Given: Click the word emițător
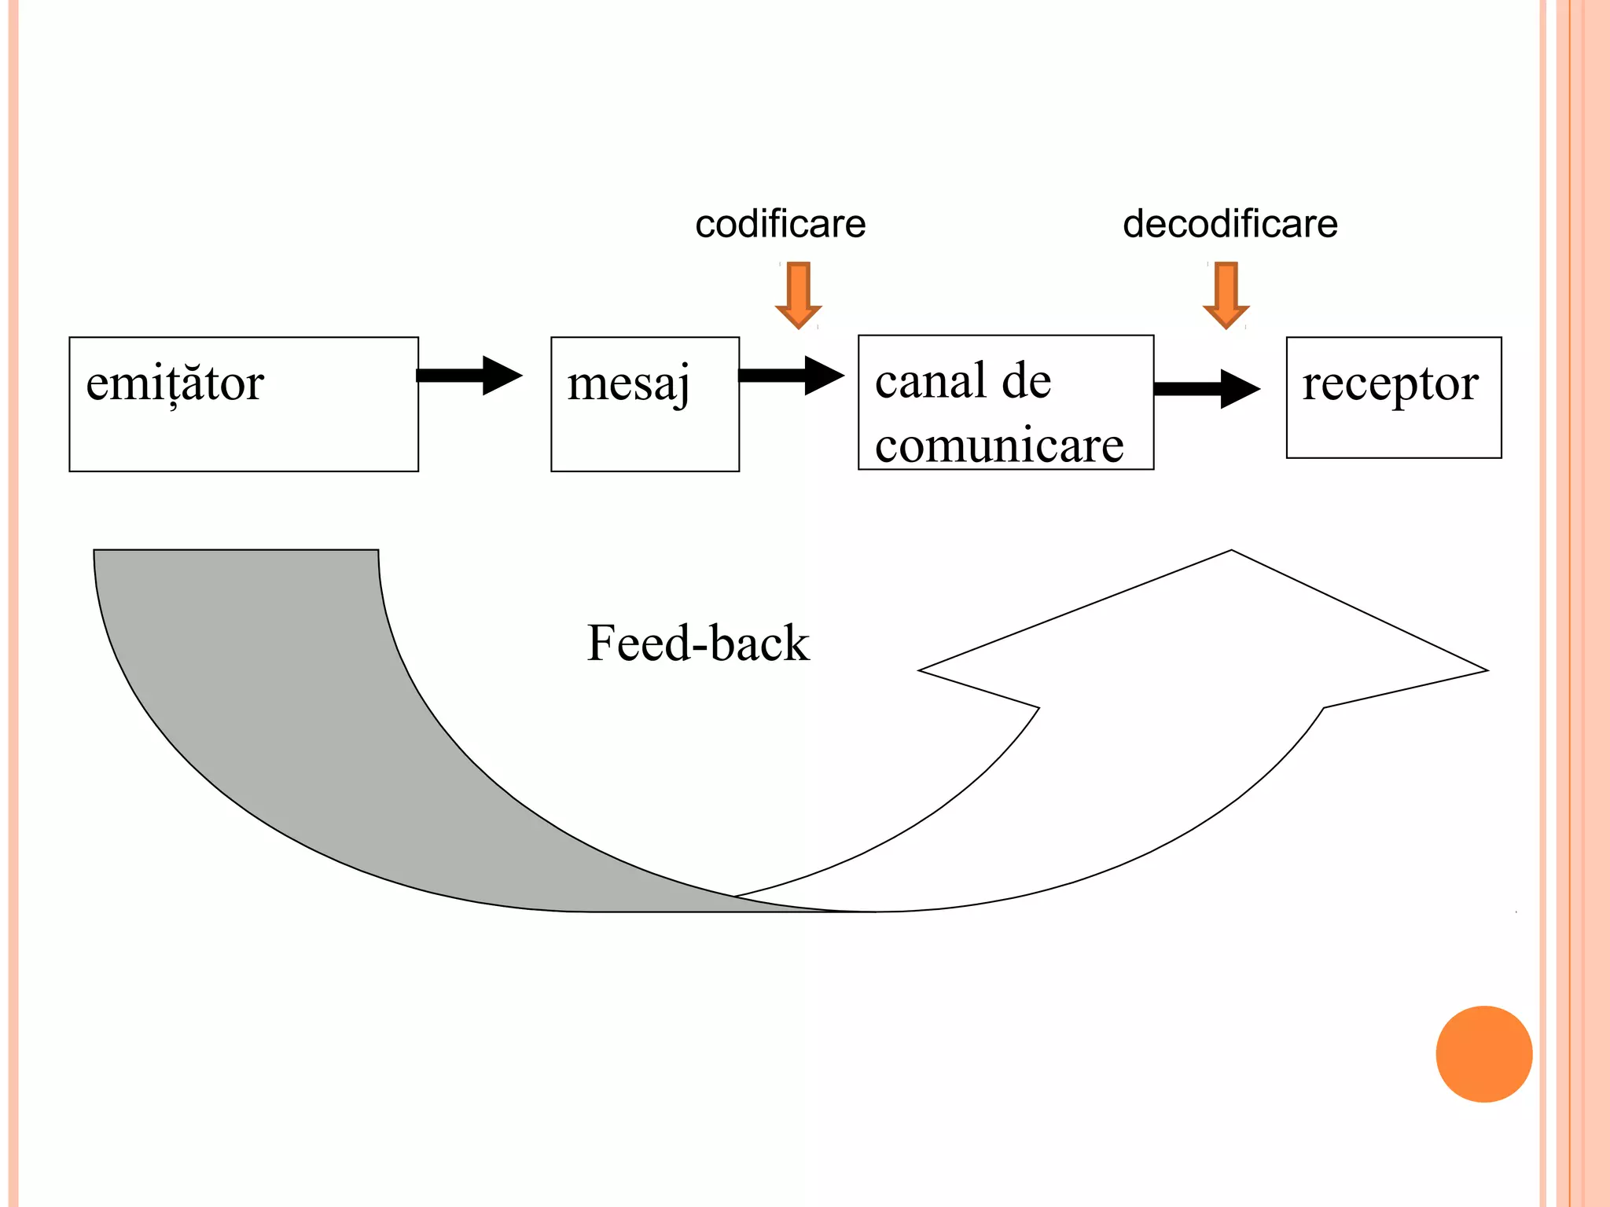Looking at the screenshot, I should (175, 383).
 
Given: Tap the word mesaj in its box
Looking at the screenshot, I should (628, 383).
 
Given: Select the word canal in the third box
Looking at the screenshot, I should (931, 381).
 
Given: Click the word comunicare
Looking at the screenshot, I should (999, 446).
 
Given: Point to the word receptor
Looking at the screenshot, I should (1390, 383).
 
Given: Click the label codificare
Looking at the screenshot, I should (780, 224).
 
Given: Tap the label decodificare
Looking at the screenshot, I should (1230, 224).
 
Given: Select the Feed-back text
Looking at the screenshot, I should (697, 643).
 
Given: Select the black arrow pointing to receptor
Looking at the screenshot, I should (1207, 388).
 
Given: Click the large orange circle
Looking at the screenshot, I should (1483, 1054).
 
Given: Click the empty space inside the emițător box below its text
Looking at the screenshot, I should (244, 440).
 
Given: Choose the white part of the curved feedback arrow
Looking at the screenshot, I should (1140, 786).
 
